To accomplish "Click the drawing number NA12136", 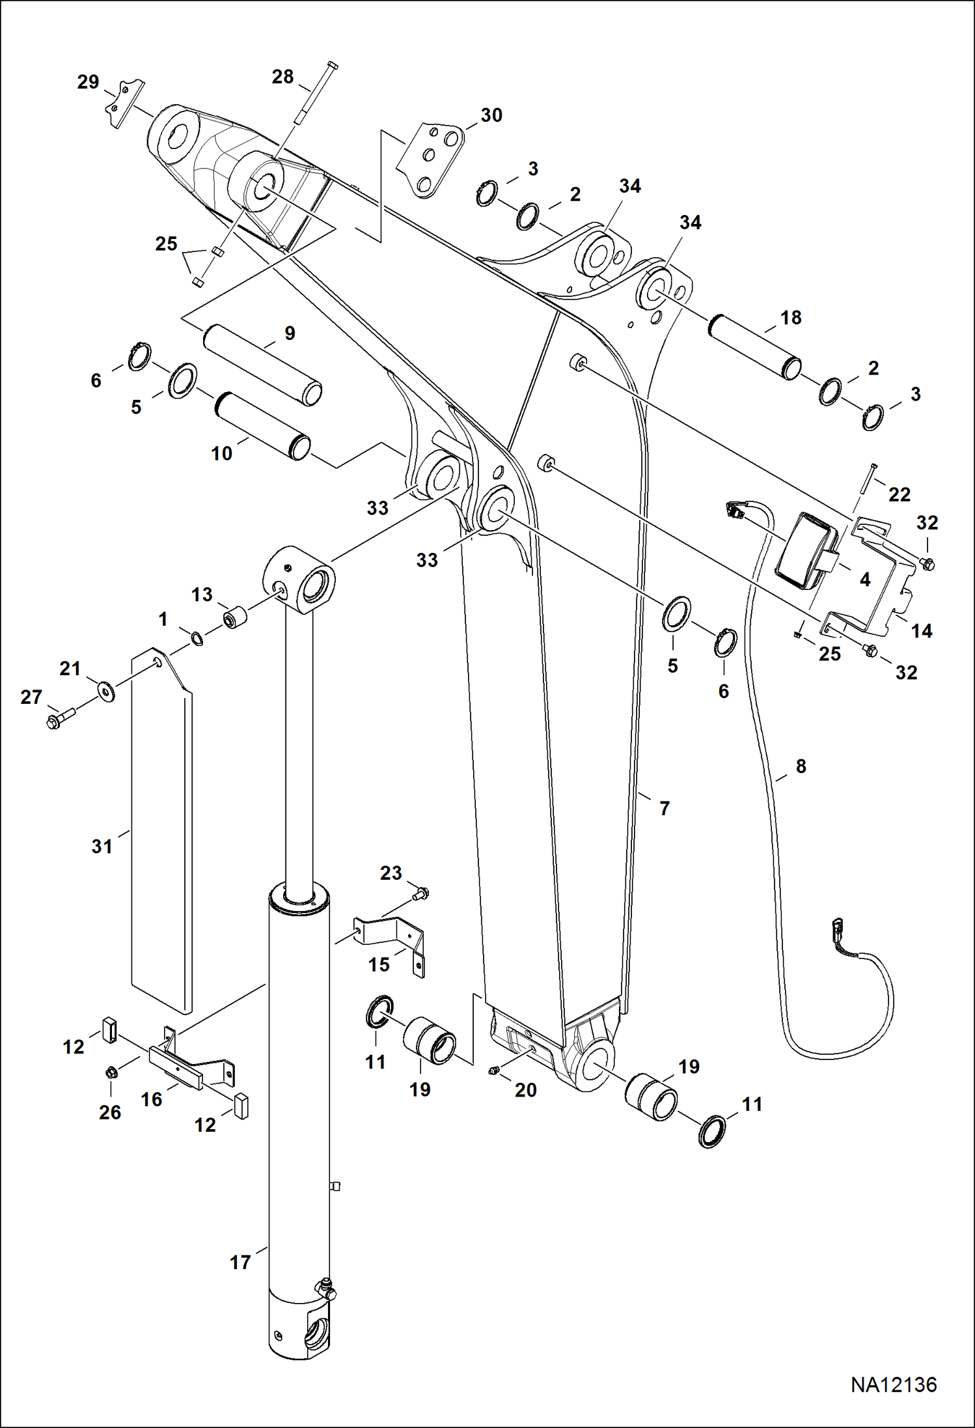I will [893, 1384].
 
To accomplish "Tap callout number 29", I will [88, 82].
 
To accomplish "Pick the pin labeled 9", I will [262, 365].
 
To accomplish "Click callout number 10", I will [221, 453].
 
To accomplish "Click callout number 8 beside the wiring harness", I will [801, 766].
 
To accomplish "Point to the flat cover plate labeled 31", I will [161, 827].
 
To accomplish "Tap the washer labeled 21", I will [105, 690].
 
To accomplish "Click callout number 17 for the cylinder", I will [240, 1262].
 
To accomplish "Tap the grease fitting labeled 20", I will [494, 1071].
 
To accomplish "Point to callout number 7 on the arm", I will [664, 808].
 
